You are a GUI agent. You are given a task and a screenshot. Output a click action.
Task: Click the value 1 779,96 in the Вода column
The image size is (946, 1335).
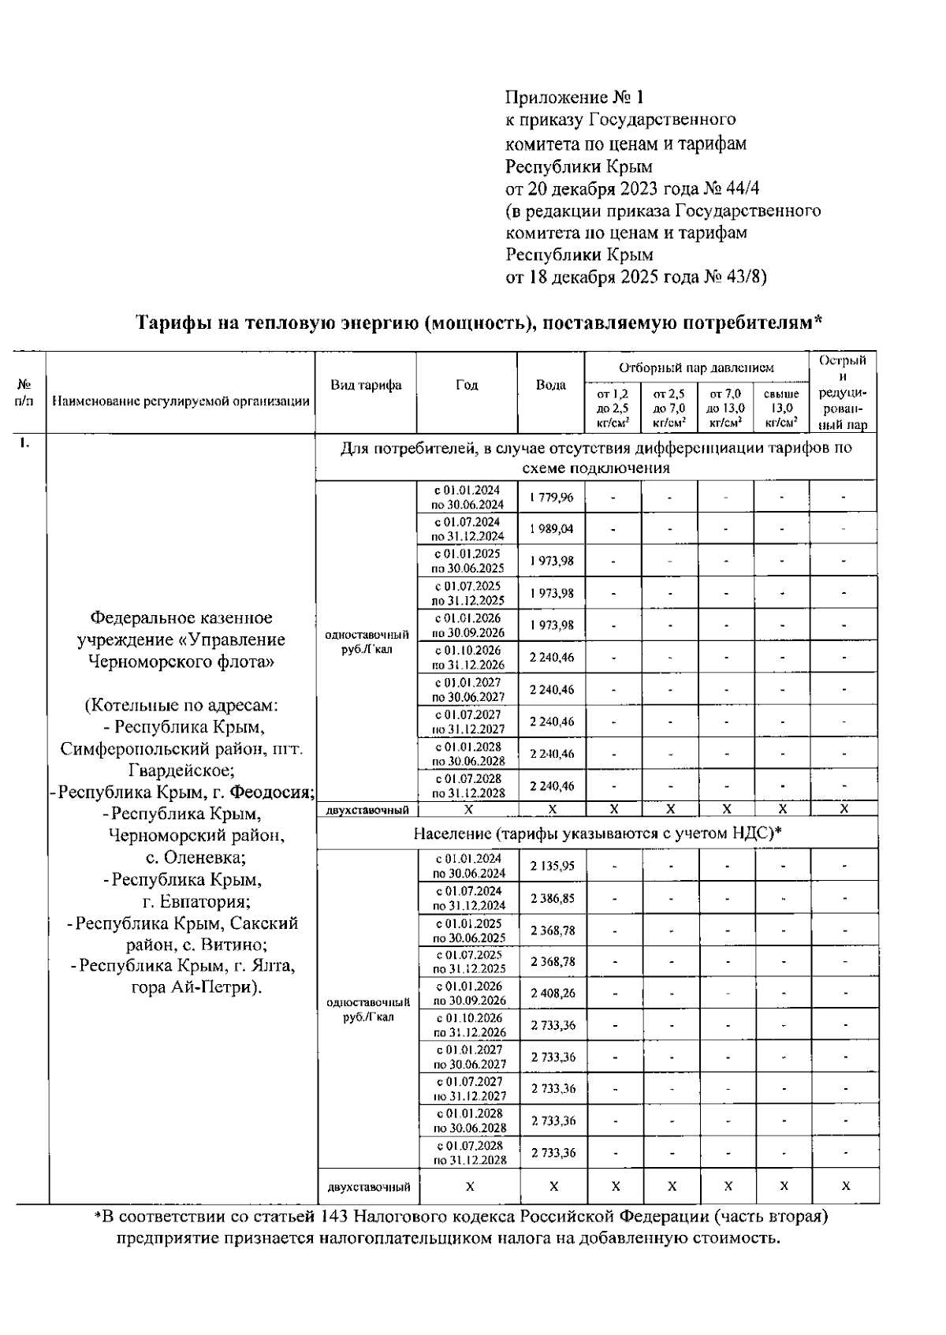click(551, 498)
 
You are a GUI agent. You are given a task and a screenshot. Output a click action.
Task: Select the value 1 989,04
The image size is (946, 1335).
click(551, 529)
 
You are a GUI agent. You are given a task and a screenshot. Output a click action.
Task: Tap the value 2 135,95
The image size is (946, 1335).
click(552, 866)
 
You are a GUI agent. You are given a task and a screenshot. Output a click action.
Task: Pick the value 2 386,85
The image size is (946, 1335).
click(552, 898)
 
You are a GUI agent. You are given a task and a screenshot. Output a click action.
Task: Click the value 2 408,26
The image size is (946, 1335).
click(552, 994)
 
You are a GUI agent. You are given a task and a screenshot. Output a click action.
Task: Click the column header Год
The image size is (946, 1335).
click(467, 385)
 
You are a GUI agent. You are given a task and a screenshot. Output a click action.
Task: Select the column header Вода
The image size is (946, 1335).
click(551, 385)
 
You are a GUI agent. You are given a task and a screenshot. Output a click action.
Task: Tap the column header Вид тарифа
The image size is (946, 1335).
click(366, 385)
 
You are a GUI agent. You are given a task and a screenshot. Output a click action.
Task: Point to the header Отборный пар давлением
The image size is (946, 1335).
click(696, 367)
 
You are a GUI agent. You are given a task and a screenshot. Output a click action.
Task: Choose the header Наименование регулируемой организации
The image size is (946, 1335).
click(181, 401)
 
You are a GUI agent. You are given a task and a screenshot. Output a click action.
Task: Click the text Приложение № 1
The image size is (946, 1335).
click(574, 98)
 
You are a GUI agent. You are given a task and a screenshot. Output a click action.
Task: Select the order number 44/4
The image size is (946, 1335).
click(742, 188)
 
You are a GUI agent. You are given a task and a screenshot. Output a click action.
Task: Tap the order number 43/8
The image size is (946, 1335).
click(743, 277)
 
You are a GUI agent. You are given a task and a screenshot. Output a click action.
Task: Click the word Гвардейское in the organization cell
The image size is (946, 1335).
click(181, 770)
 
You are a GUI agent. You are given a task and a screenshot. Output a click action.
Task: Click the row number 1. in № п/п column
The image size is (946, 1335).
click(26, 443)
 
